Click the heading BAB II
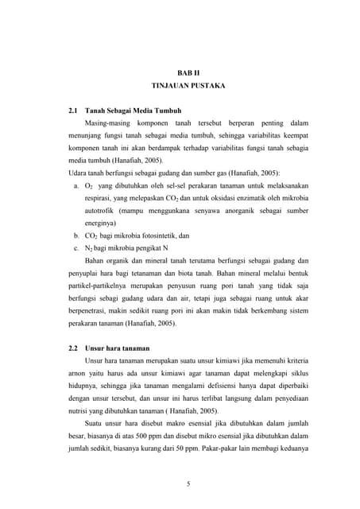[182, 72]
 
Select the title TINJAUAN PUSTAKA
[182, 84]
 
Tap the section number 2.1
[75, 111]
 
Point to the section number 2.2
[75, 348]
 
